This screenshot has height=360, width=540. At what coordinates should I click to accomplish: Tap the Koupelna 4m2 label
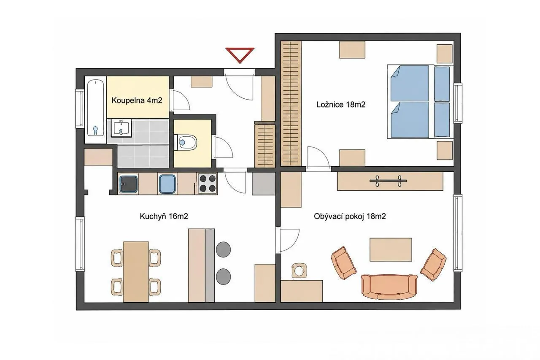coord(137,100)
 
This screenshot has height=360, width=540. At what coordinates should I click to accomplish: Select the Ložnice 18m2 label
coord(340,104)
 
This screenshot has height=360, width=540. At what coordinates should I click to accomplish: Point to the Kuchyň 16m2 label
coord(164,216)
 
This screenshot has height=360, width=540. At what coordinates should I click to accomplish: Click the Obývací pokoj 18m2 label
coord(350,216)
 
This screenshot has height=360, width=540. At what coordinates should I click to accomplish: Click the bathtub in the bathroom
coord(96,110)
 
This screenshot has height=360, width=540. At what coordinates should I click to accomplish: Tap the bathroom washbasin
coord(121,128)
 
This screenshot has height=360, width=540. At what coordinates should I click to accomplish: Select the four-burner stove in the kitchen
coord(208,183)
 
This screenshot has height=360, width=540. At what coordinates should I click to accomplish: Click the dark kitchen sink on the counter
coord(129,184)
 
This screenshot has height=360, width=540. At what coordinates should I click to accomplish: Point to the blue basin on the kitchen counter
coord(167,184)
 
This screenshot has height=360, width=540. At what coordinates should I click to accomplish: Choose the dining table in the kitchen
coord(136,272)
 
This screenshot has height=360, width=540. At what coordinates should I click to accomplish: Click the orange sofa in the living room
coord(389,287)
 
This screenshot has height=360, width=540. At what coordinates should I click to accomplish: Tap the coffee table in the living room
coord(391,249)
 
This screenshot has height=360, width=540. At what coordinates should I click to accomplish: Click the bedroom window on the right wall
coord(458,103)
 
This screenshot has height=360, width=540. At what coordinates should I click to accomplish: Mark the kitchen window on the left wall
coord(80,244)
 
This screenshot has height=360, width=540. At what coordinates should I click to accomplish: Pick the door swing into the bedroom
coord(319,157)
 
